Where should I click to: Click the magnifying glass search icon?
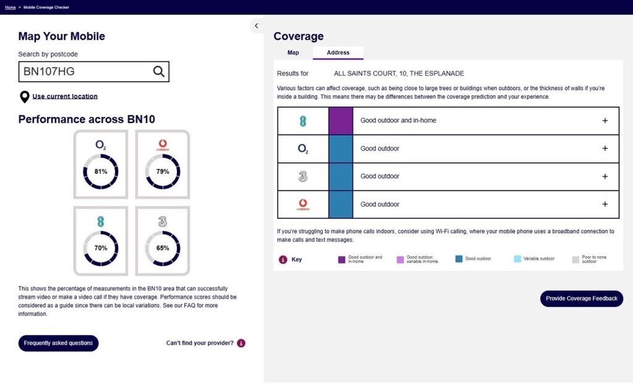(159, 72)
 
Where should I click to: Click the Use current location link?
(64, 96)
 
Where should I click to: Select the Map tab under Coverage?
(293, 53)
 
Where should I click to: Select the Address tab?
(338, 53)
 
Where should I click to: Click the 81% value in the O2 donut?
(101, 171)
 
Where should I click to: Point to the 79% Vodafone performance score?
(163, 171)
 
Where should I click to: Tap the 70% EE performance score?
(101, 248)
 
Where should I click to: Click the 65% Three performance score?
(163, 248)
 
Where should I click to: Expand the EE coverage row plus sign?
(605, 121)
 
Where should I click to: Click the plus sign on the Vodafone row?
(605, 204)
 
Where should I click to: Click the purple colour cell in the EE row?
(341, 121)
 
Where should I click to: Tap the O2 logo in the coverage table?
(303, 148)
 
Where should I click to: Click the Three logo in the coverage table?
(303, 176)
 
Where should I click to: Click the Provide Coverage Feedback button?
(581, 299)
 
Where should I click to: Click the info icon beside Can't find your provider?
(241, 343)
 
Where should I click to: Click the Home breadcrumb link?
(11, 7)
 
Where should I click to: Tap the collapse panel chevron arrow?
(257, 26)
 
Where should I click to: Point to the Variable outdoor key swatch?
(517, 259)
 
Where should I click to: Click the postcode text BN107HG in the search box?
(49, 72)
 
